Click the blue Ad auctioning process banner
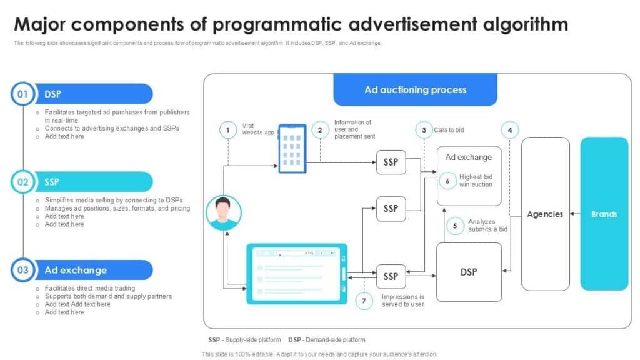415,90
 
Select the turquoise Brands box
604,214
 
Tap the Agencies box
545,214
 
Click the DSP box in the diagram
469,272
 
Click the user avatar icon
224,212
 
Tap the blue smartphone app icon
292,149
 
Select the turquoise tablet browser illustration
297,274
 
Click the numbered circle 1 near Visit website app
228,130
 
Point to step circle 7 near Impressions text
364,301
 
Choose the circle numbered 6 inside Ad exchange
447,181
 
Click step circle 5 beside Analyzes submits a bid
455,226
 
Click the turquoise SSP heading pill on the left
94,182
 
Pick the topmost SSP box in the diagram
391,162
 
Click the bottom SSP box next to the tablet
391,276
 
